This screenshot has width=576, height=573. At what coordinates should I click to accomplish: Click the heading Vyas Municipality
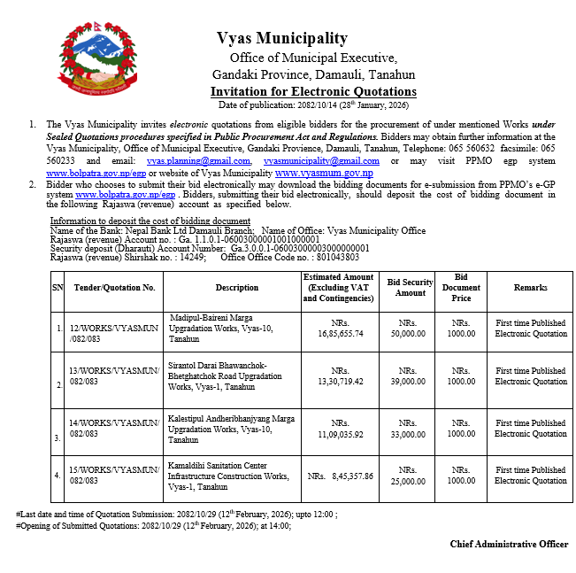click(282, 38)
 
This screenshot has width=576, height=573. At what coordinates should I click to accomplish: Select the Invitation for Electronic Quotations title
click(313, 91)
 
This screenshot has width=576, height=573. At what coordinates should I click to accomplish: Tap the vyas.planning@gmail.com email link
click(198, 161)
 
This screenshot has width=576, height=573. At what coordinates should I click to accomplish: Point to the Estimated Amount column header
click(339, 287)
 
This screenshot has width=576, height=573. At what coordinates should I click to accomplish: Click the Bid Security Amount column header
click(411, 287)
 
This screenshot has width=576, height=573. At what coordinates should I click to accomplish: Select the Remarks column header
click(530, 287)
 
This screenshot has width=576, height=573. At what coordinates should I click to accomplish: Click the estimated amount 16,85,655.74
click(341, 334)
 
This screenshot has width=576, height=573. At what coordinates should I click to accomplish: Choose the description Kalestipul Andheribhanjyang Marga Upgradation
click(227, 428)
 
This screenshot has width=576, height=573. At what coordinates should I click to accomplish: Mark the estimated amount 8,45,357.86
click(341, 476)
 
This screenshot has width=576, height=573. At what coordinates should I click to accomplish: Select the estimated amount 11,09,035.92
click(341, 434)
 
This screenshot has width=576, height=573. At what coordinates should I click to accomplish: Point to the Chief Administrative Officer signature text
click(509, 544)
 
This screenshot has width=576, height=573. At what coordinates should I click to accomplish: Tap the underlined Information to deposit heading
click(150, 221)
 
